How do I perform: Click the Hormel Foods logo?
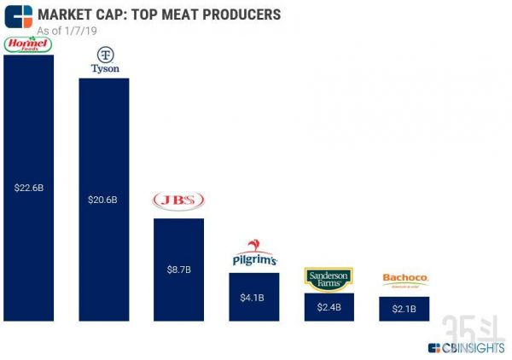coord(28,44)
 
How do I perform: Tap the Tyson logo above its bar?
coord(103,62)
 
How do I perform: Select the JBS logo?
coord(178,201)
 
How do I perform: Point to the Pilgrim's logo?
coord(254,255)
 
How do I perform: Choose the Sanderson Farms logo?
coord(329,280)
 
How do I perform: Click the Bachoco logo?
coord(404,280)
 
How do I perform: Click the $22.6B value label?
coord(28,188)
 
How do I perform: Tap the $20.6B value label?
coord(103,200)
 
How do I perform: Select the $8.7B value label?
coord(178,270)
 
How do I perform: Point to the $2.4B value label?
coord(329,307)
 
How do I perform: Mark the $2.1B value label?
coord(404,309)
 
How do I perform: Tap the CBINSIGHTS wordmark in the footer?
coord(474,348)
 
